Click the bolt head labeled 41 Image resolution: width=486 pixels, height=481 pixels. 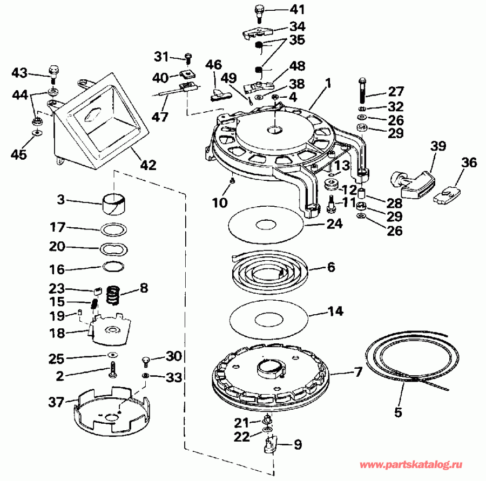259,11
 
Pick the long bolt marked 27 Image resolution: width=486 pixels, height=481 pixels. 361,89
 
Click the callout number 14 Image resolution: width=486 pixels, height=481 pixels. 335,311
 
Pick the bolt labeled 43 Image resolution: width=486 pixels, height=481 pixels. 54,71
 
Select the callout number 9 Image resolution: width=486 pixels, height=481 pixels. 297,445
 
